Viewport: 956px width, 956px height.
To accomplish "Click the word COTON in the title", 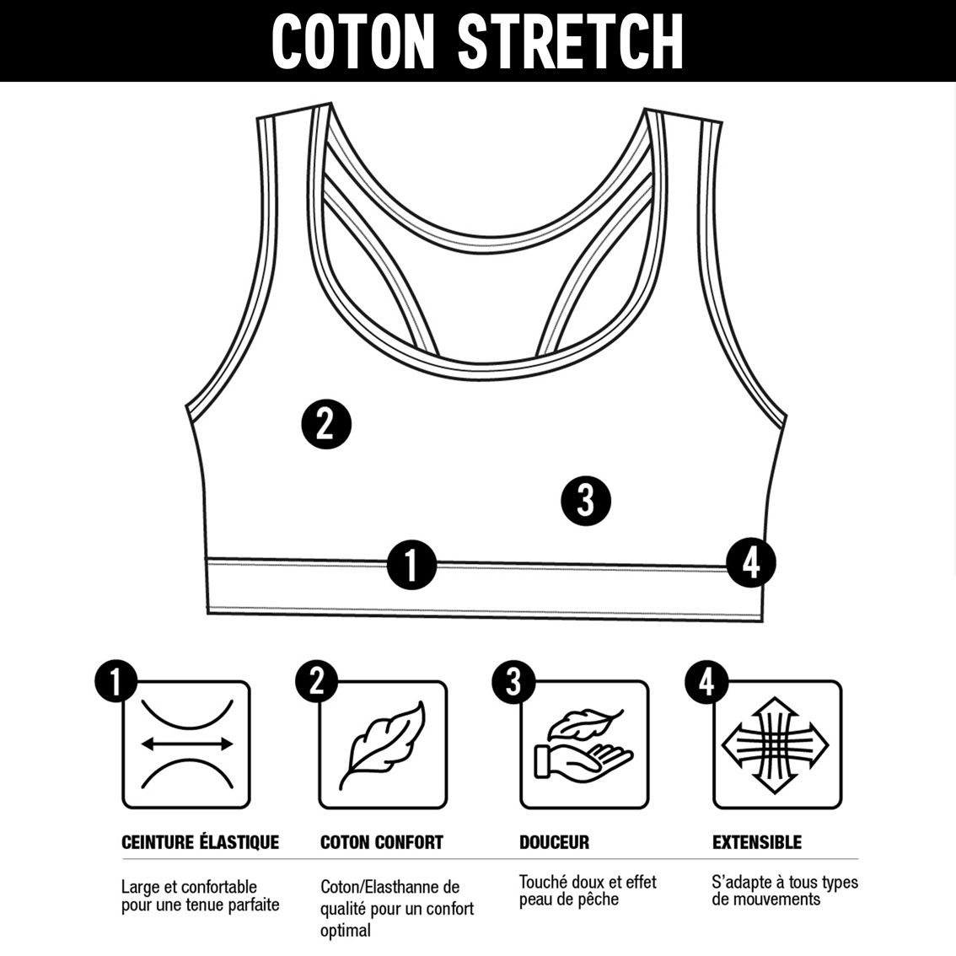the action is click(x=353, y=41).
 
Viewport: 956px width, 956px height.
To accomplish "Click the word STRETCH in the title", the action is click(x=571, y=41).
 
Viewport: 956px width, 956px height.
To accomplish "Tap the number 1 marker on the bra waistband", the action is click(x=411, y=565).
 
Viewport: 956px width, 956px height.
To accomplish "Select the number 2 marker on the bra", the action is click(x=327, y=424).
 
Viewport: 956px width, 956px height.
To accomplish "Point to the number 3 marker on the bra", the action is click(x=585, y=501).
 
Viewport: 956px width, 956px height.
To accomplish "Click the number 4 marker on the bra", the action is click(x=751, y=563).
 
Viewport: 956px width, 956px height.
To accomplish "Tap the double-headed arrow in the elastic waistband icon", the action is click(x=186, y=744).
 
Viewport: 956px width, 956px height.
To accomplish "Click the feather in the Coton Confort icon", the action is click(x=383, y=745).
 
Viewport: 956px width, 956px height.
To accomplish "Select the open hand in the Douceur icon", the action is click(x=583, y=761).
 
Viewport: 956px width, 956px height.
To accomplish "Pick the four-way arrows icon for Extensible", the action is click(x=775, y=745).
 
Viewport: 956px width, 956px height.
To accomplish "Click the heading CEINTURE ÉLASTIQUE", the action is click(x=200, y=842).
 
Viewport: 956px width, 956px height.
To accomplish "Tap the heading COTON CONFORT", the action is click(x=382, y=842).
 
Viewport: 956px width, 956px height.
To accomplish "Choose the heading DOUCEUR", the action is click(x=554, y=842).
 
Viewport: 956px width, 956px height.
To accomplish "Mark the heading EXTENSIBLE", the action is click(x=757, y=842).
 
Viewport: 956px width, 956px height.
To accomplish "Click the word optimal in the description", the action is click(x=346, y=931).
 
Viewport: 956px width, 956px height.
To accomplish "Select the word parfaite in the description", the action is click(x=254, y=905).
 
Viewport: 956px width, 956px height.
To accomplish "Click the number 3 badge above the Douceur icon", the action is click(x=513, y=682).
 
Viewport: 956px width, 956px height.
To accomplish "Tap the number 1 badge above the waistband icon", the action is click(x=115, y=681).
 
